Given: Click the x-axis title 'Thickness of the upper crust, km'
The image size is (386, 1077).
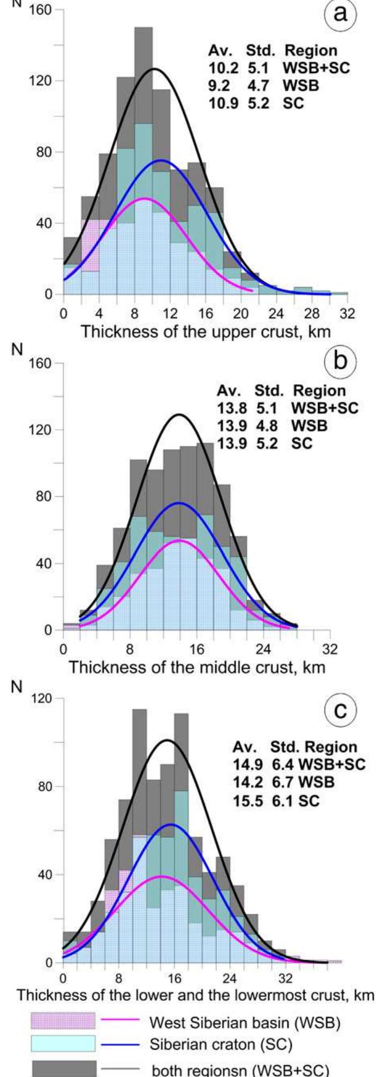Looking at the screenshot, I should [x=206, y=331].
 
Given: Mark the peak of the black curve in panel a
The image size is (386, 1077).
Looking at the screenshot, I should [x=154, y=69].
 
